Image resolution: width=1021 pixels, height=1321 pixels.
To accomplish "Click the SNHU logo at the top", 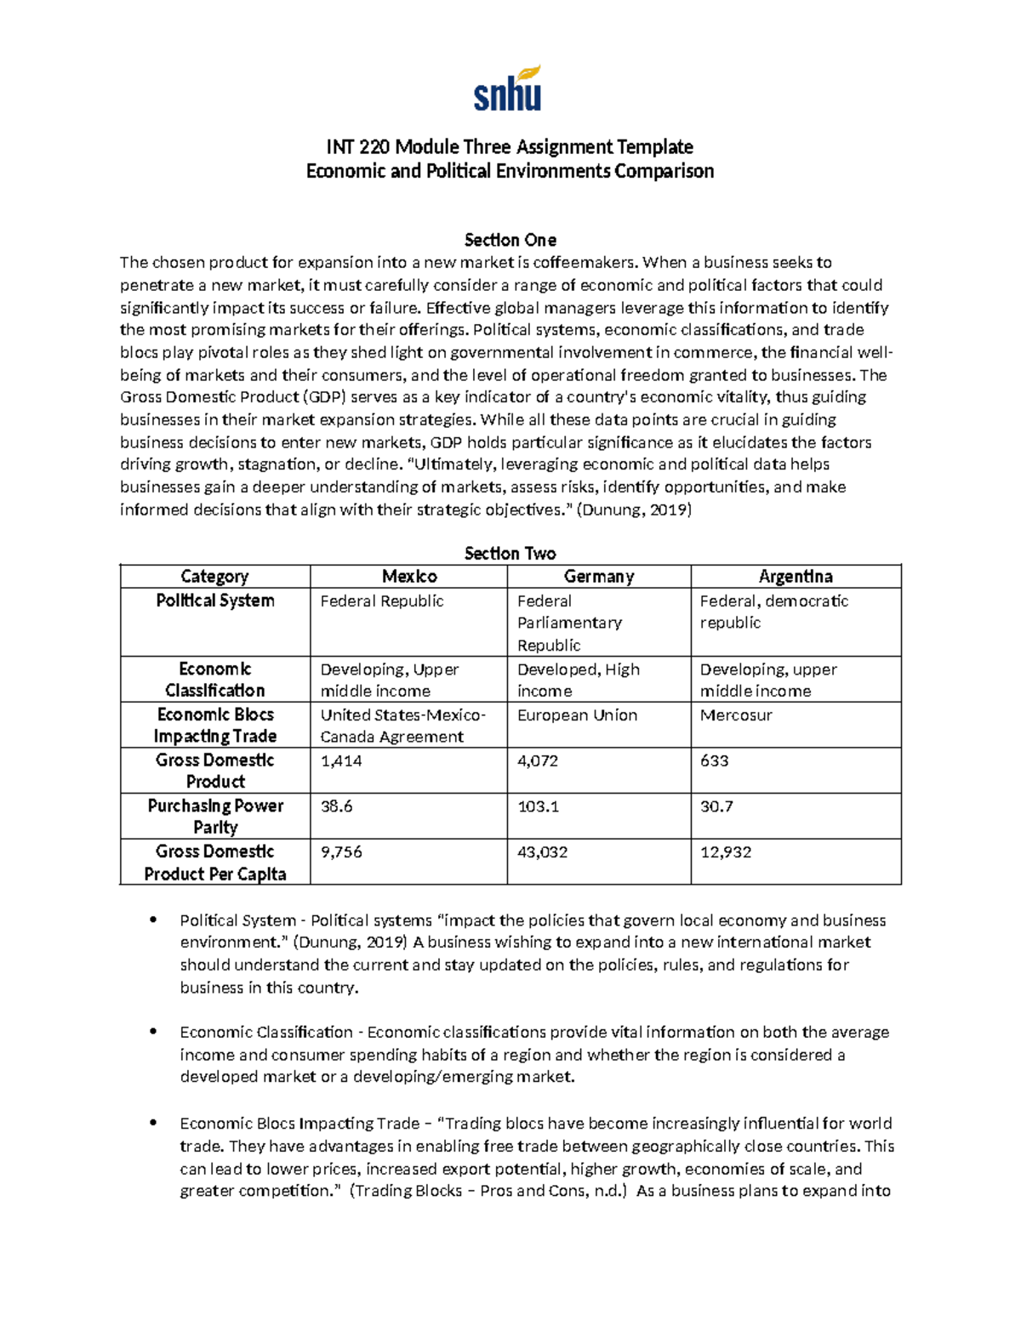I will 508,88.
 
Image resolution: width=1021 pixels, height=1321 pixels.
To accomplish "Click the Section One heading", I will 510,240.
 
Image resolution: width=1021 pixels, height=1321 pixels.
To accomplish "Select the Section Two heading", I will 510,554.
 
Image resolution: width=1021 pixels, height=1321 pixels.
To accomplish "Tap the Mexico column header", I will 409,577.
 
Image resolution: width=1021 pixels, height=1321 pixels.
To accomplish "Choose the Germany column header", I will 599,577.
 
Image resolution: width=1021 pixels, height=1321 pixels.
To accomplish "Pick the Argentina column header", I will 796,577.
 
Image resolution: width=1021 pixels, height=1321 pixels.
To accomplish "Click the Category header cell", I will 214,577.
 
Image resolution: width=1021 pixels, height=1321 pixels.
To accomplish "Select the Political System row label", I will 215,601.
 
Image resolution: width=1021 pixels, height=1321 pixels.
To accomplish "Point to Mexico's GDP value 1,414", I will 341,760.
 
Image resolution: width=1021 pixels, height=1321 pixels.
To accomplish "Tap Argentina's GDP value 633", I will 715,760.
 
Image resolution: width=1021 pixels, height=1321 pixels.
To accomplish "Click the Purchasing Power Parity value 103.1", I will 539,806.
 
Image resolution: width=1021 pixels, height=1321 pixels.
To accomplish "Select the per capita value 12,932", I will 726,852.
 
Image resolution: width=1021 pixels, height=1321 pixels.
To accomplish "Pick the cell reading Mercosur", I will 736,715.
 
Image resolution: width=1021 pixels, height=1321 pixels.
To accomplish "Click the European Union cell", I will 578,715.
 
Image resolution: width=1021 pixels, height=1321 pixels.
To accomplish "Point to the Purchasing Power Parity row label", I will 215,816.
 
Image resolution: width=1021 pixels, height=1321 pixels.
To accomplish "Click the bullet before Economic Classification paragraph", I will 153,1031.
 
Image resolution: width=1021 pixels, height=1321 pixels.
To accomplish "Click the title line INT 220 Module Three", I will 510,147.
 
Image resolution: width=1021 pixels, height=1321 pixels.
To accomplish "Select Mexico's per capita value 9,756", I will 341,852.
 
